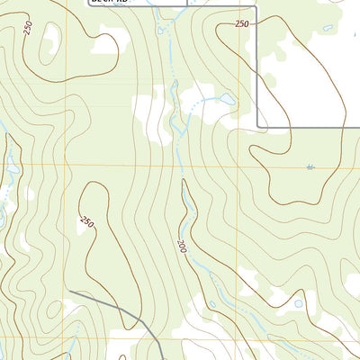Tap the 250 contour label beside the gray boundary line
tap(241, 24)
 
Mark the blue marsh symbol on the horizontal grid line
tap(310, 166)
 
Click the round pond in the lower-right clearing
tap(299, 304)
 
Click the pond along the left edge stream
tap(11, 166)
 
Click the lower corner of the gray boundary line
tap(258, 126)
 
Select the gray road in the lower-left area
tap(117, 306)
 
